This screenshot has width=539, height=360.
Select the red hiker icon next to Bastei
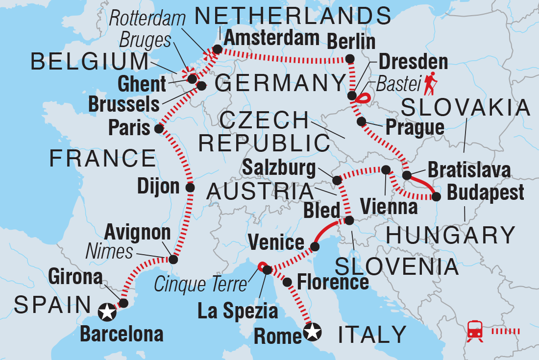[x=432, y=84]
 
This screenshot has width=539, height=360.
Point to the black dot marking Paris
[x=158, y=129]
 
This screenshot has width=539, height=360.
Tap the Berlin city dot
[x=350, y=59]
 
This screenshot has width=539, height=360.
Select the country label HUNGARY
[x=450, y=236]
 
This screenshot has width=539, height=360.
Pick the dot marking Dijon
[x=191, y=187]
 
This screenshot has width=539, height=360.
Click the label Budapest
[x=486, y=192]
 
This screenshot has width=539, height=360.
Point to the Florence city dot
[x=288, y=282]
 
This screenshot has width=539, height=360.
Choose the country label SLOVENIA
[x=396, y=266]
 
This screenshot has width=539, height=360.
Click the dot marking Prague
[x=361, y=121]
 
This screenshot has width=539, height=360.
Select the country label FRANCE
[x=102, y=159]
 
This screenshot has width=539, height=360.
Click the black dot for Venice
[x=313, y=243]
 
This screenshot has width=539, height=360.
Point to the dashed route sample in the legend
[x=505, y=331]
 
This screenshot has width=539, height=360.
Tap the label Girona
[x=75, y=278]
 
